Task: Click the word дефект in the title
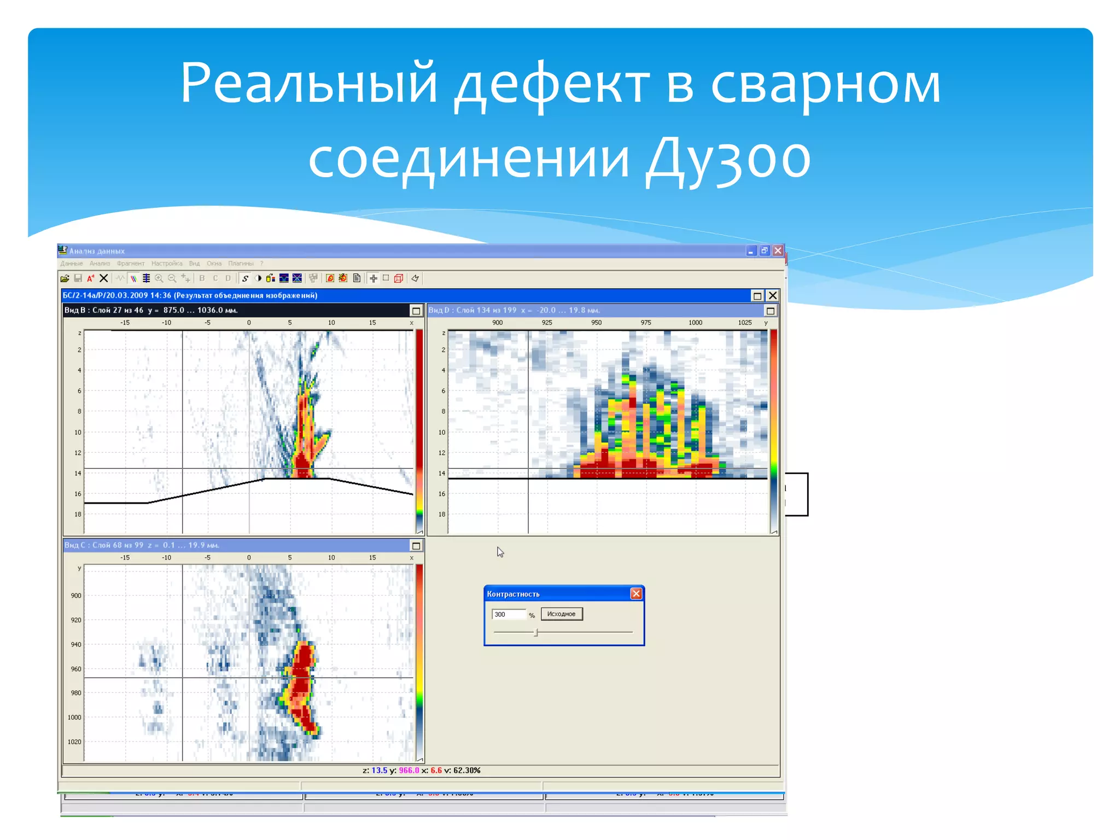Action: pos(552,85)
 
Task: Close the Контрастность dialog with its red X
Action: pos(636,594)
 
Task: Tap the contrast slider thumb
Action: pos(536,632)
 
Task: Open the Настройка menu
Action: pos(167,264)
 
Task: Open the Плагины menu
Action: pos(241,264)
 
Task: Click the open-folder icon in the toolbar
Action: pos(65,278)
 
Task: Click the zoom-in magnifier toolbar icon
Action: pos(159,278)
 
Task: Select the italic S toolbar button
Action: pos(245,278)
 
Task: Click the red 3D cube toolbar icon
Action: pos(399,278)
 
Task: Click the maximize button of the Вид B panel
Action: pos(416,311)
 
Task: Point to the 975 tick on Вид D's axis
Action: pos(646,323)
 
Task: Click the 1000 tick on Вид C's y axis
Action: pos(75,717)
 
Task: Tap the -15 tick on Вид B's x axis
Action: pos(125,323)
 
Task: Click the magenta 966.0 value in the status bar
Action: pos(409,771)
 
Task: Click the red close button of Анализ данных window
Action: pos(778,250)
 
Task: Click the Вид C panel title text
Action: pos(142,545)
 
